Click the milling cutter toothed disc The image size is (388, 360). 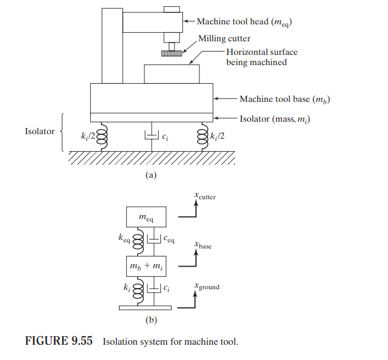172,53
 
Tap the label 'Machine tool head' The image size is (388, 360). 233,22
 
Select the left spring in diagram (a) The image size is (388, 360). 102,136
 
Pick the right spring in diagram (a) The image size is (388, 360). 203,136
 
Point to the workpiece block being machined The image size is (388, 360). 172,74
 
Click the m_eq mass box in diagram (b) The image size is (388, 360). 146,217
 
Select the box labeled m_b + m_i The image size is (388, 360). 146,266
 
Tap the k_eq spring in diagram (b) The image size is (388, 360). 138,242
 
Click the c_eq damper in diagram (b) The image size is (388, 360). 154,239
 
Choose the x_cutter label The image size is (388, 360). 205,196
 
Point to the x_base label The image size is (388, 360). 203,245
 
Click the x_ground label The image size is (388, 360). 207,286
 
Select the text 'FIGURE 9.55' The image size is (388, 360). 59,341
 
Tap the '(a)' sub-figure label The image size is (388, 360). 151,175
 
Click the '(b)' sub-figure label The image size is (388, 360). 151,320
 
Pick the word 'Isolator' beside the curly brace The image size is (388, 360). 40,131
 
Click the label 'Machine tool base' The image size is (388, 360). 275,99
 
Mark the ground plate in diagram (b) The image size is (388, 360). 145,308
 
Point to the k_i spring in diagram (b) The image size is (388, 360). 138,291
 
